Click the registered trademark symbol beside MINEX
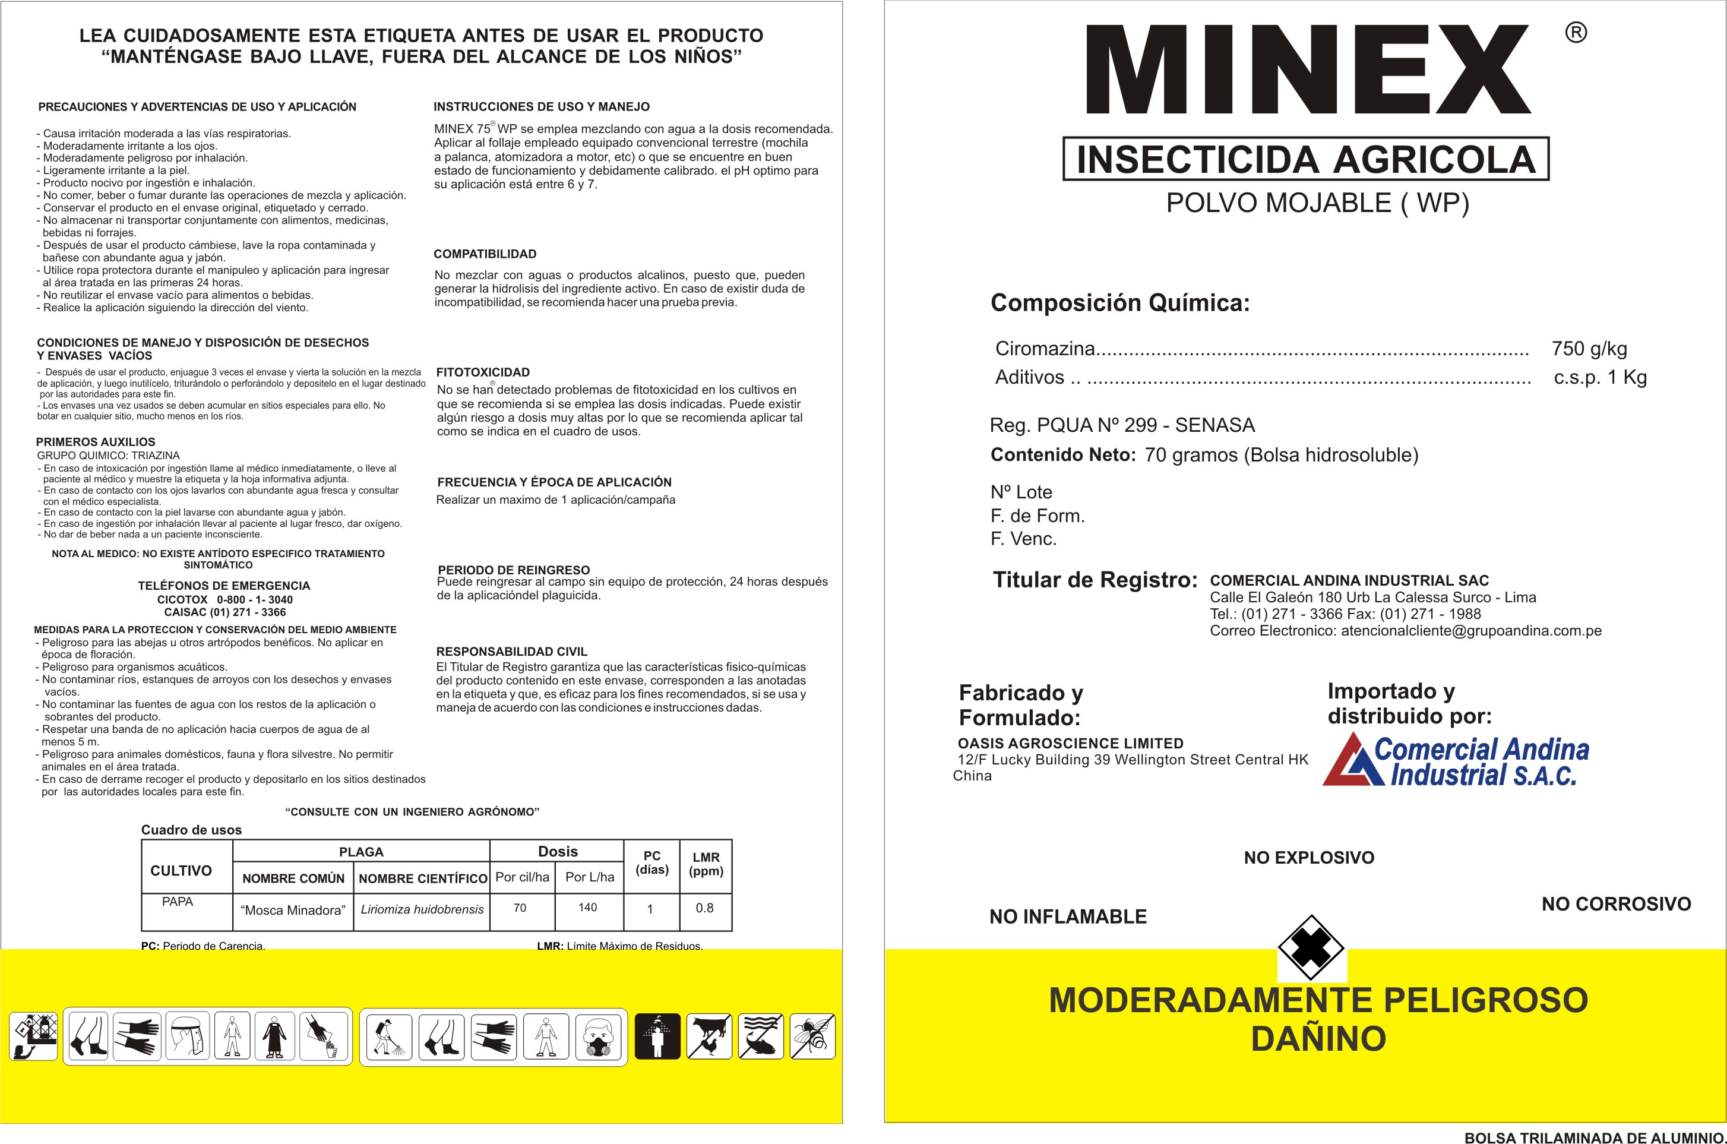point(1576,33)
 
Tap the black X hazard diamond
point(1311,949)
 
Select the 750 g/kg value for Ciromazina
point(1589,349)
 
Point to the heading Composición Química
point(1119,303)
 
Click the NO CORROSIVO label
point(1615,904)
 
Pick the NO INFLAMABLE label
point(1068,917)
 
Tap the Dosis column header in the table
point(557,851)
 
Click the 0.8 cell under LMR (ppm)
point(704,908)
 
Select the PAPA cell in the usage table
point(177,902)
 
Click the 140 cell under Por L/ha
point(588,908)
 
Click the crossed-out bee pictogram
point(812,1036)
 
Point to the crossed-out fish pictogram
point(761,1036)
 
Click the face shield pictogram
point(188,1036)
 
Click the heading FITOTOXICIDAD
point(483,372)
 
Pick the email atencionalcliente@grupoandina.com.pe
point(1471,631)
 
